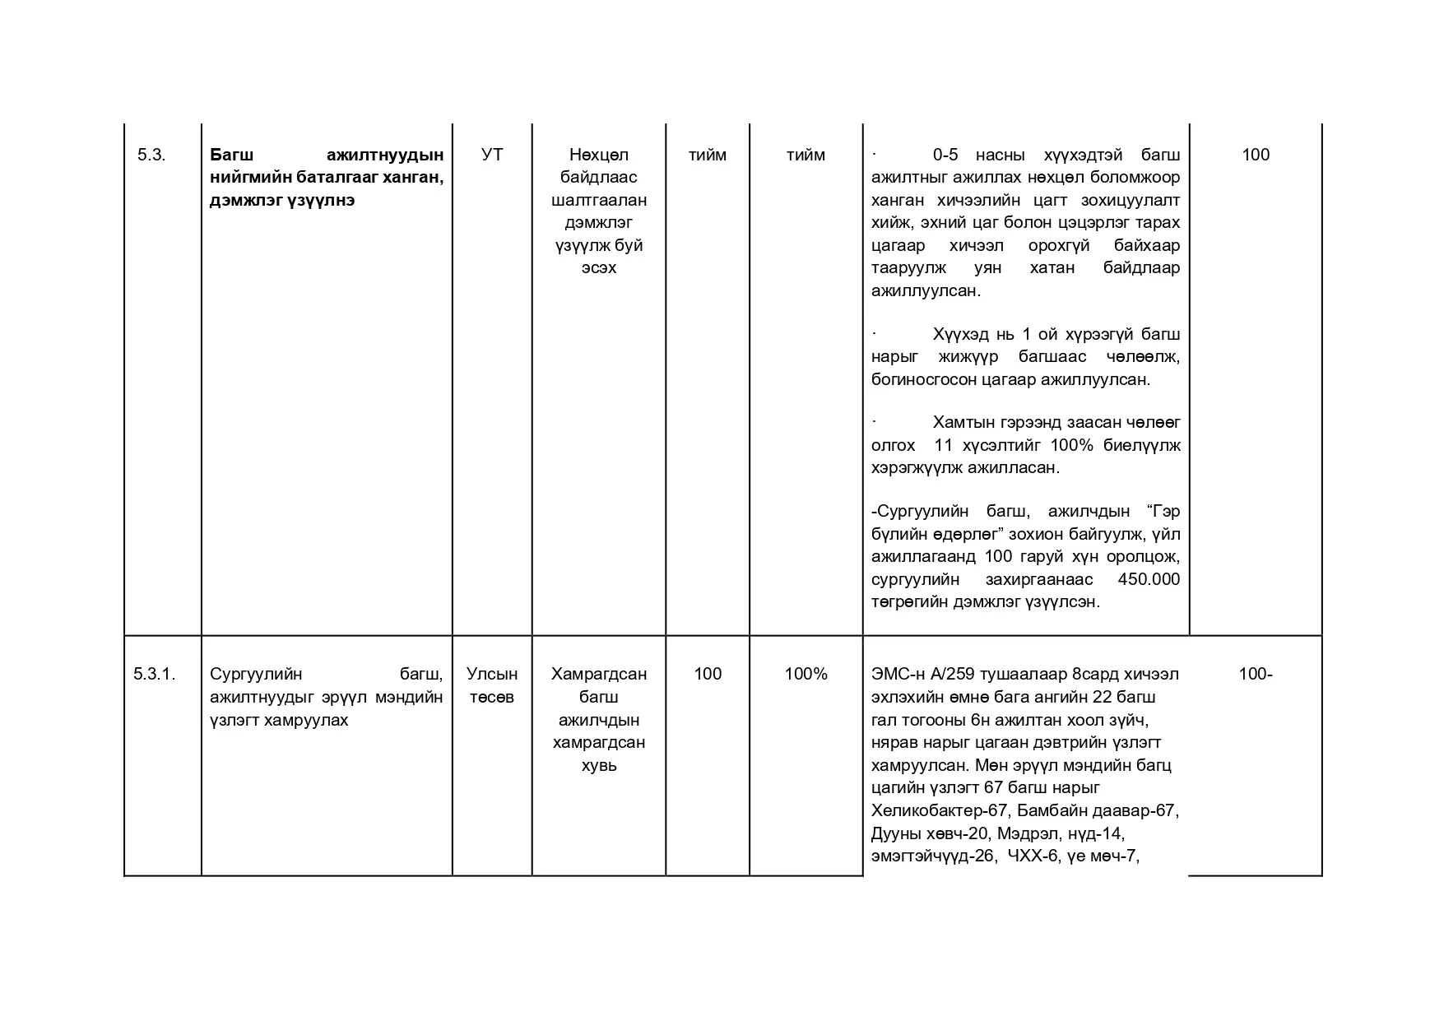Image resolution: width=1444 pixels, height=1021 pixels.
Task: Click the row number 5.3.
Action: click(151, 155)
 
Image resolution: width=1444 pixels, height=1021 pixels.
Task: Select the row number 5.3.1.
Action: click(155, 674)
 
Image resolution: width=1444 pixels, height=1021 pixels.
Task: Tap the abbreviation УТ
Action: click(491, 155)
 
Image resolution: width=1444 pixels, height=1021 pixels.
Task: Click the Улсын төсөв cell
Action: click(492, 685)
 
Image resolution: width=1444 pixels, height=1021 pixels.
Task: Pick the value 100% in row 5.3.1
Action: click(806, 674)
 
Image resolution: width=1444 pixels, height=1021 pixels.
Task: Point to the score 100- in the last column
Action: click(1255, 674)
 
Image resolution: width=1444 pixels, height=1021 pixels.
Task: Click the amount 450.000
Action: click(1149, 579)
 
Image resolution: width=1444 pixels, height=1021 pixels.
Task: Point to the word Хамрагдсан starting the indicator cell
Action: click(598, 674)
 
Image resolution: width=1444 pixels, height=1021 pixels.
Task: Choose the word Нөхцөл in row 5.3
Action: click(598, 155)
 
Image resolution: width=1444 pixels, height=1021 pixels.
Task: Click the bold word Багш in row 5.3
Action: click(232, 155)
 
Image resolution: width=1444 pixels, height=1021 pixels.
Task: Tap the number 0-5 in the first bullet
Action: click(945, 155)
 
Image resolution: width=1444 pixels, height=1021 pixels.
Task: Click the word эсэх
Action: click(598, 267)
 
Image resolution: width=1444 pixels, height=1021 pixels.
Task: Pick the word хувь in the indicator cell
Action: click(598, 765)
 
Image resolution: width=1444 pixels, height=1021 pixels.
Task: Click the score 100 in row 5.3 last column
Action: click(1255, 155)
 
